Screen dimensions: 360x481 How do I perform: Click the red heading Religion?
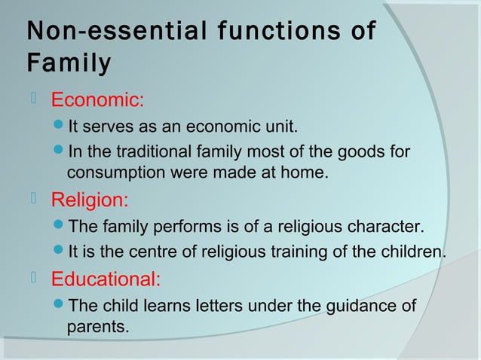[90, 200]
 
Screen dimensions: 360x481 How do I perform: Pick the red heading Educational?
[106, 280]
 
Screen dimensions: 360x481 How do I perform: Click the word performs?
[180, 227]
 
